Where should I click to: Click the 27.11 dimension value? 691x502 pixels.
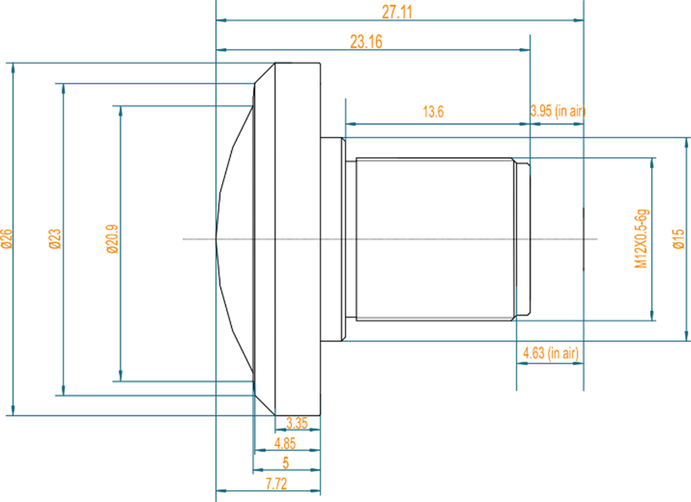coord(397,12)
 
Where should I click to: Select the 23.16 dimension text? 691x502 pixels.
coord(366,42)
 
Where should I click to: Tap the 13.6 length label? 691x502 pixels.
coord(433,112)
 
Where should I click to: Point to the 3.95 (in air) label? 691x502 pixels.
coord(558,111)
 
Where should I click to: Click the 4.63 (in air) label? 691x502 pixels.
coord(550,353)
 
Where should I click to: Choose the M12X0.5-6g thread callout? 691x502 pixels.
coord(641,239)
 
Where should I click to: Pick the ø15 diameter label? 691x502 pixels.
coord(678,239)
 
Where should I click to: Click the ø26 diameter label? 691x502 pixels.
coord(7,239)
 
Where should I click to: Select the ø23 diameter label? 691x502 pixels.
coord(55,239)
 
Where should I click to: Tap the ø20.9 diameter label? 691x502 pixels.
coord(112,239)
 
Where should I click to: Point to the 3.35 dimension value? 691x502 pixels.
coord(297,423)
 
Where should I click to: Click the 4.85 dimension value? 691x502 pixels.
coord(285,443)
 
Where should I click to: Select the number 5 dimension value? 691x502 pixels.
coord(286,463)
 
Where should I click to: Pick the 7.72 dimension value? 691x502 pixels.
coord(276,484)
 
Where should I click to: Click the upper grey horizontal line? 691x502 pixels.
coord(435,160)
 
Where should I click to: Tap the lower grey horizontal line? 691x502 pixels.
coord(435,317)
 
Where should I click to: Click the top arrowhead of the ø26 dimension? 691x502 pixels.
coord(13,68)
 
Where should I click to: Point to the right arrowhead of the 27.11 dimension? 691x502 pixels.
coord(578,20)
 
